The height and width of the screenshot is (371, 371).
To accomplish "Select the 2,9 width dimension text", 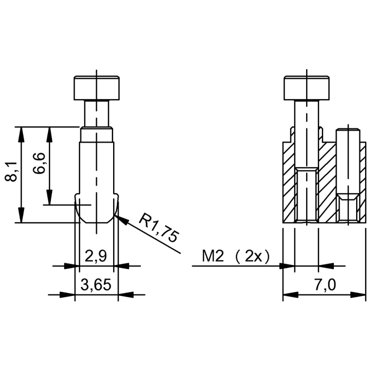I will [96, 256].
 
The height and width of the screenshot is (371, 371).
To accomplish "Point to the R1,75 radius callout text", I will [159, 227].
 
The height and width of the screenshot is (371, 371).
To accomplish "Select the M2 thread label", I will [212, 256].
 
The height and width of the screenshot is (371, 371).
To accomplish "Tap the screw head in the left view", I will [96, 88].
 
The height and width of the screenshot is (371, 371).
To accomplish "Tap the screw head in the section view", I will [307, 88].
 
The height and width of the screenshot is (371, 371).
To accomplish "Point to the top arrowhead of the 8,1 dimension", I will [21, 130].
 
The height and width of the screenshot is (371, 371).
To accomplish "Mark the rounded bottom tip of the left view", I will [96, 218].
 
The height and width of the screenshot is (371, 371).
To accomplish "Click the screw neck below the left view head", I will [96, 114].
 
